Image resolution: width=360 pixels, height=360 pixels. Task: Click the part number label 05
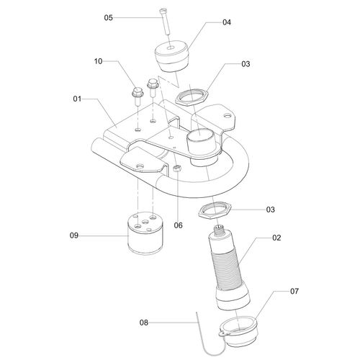tap(109, 17)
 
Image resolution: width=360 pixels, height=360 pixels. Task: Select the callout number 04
tap(226, 22)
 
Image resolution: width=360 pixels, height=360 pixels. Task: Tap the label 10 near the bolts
tap(99, 63)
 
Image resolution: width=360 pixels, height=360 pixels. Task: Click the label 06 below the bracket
tap(178, 225)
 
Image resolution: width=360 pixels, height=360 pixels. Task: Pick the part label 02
tap(276, 236)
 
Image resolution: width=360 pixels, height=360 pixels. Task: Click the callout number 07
tap(274, 293)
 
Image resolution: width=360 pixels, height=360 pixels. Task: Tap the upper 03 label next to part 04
tap(246, 64)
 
